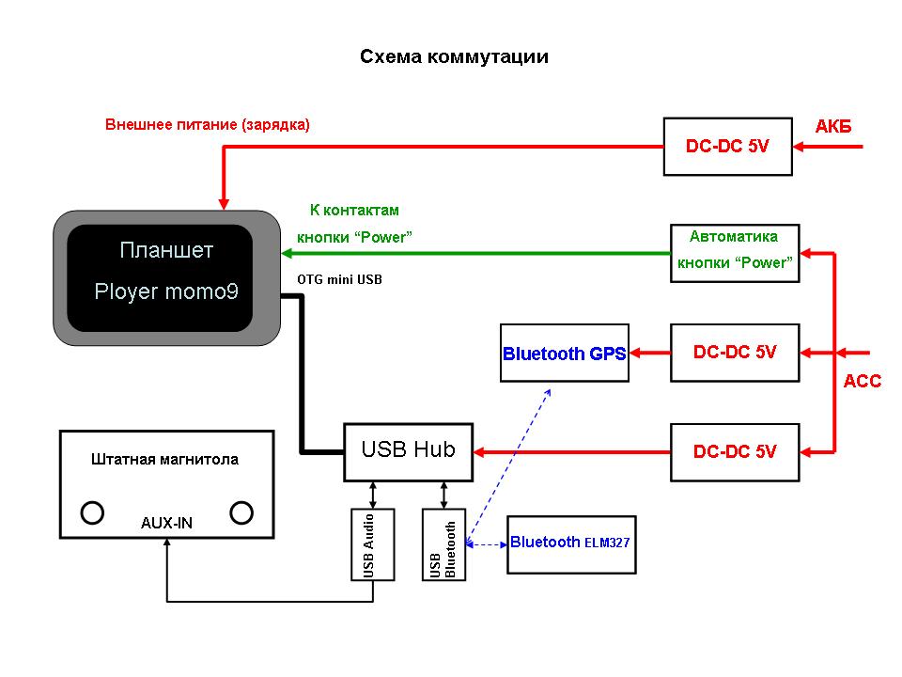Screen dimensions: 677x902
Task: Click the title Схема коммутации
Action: click(454, 57)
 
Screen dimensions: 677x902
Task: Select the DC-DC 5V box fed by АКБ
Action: click(727, 147)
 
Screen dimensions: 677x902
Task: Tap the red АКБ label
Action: click(833, 127)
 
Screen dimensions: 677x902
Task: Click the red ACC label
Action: click(863, 382)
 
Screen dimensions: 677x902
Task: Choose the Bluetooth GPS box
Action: click(564, 354)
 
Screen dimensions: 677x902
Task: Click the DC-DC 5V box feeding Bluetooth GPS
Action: click(734, 353)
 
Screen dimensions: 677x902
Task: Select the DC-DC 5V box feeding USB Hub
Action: click(734, 451)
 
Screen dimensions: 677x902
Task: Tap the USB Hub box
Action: click(408, 450)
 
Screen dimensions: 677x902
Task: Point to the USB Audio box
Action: click(373, 543)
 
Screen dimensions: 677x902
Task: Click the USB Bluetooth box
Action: click(443, 543)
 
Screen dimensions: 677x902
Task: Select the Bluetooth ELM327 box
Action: click(570, 543)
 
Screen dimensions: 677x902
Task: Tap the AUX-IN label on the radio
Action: click(166, 523)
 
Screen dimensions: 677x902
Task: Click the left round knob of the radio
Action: click(92, 512)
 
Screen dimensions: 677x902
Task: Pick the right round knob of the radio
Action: click(241, 512)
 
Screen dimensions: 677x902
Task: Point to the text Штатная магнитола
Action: click(165, 460)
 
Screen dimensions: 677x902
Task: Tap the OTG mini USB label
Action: click(339, 279)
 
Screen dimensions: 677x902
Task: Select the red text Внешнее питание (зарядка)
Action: click(207, 124)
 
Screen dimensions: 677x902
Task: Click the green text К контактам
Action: click(354, 210)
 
